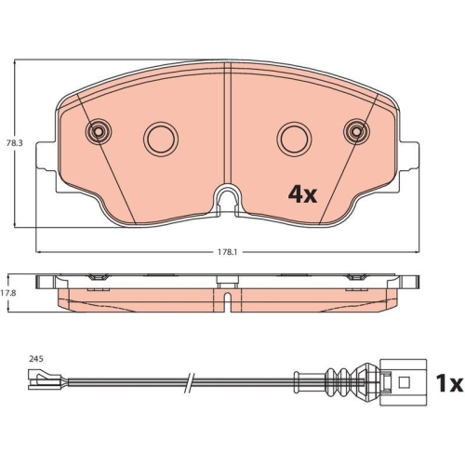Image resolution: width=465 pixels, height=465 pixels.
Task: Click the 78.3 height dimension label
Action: (15, 143)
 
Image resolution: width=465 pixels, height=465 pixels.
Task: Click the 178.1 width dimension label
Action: (227, 252)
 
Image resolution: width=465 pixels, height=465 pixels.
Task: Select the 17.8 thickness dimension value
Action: (8, 293)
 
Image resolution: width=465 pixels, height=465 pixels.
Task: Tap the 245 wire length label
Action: (36, 359)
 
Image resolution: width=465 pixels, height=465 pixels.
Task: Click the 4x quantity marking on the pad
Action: (302, 194)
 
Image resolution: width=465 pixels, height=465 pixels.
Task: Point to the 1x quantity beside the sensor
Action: (449, 382)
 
